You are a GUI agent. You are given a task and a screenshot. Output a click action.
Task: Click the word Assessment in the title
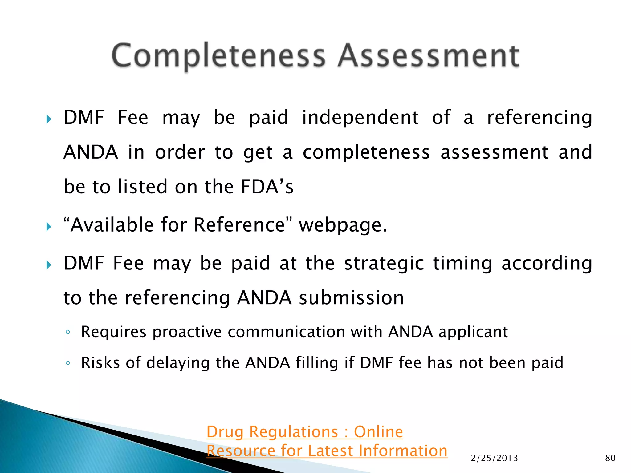tap(429, 56)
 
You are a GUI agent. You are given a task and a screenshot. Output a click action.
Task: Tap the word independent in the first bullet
tap(360, 118)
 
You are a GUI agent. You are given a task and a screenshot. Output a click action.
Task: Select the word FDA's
tap(267, 187)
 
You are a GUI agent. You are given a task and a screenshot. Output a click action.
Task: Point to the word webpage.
tap(343, 225)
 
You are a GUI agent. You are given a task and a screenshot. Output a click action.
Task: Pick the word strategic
tap(384, 264)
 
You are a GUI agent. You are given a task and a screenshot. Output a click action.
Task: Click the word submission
tap(351, 298)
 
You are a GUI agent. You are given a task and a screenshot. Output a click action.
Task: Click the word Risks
tap(100, 362)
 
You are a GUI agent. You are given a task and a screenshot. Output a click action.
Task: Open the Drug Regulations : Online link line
tap(304, 432)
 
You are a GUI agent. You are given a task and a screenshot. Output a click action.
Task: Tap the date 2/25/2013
tap(494, 458)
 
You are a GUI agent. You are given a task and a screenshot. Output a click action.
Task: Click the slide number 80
tap(610, 458)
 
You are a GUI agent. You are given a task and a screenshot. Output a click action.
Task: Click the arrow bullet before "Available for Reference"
tap(49, 227)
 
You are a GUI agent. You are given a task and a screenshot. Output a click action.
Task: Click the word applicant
tap(473, 332)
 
